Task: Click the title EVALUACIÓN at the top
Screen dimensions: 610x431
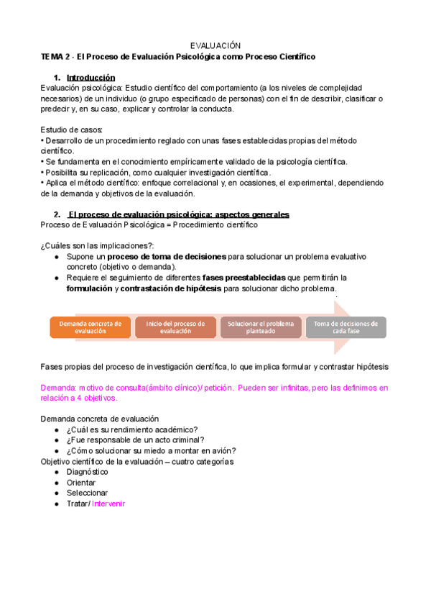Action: tap(215, 45)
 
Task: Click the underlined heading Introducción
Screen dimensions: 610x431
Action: tap(91, 78)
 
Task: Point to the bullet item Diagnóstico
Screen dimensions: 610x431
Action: tap(87, 472)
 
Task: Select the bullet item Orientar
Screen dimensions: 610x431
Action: tap(81, 483)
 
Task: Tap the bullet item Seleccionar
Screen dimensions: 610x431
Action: tap(87, 493)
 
